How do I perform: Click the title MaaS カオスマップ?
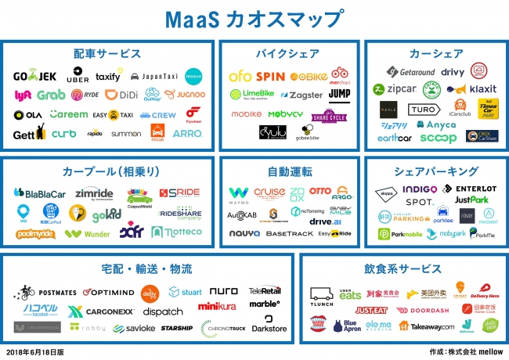[254, 16]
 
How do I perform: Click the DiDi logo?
[121, 95]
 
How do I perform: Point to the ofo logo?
[240, 77]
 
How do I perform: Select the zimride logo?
[94, 193]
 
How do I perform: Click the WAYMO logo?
[239, 193]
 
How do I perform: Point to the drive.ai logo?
[325, 221]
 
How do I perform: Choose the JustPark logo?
[472, 200]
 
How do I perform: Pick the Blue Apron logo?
[348, 326]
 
